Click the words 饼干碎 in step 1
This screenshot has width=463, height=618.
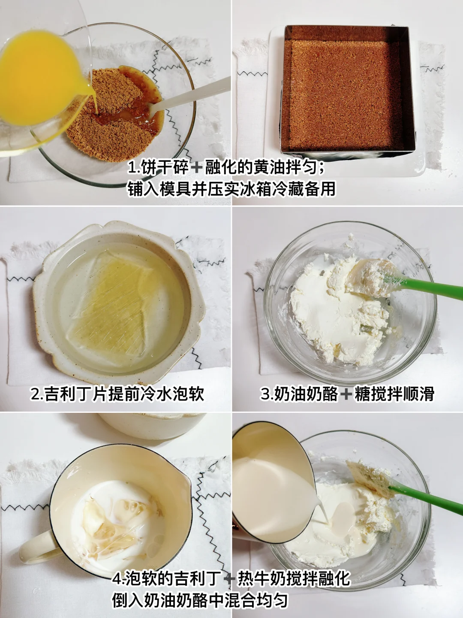pyautogui.click(x=165, y=168)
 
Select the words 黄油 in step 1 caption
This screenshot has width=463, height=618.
pyautogui.click(x=268, y=168)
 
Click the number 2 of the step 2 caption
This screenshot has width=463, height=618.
pyautogui.click(x=36, y=394)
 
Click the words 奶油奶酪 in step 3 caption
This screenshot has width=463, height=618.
pyautogui.click(x=307, y=394)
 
